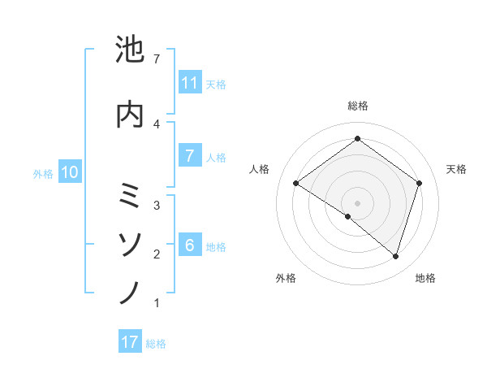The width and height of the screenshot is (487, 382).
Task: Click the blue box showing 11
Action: (190, 83)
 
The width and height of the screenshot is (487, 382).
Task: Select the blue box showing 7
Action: (190, 157)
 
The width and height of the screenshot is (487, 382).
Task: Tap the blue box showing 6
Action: (190, 245)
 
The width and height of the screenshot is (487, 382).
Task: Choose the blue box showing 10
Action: (70, 172)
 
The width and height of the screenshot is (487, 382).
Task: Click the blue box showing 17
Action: (130, 342)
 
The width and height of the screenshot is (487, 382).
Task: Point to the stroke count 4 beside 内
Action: (157, 124)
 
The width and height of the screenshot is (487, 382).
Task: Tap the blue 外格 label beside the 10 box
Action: (43, 173)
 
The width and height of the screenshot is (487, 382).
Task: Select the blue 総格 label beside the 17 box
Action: (156, 343)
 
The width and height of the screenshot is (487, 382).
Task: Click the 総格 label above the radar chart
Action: (357, 106)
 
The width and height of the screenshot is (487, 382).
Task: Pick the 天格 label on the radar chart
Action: (457, 169)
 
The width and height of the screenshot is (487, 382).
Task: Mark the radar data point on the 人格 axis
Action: (296, 184)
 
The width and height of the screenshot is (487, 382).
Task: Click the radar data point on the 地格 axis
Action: (395, 257)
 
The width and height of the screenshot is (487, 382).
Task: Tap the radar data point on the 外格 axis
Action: (348, 216)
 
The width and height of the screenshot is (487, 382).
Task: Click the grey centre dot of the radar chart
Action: (357, 202)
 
